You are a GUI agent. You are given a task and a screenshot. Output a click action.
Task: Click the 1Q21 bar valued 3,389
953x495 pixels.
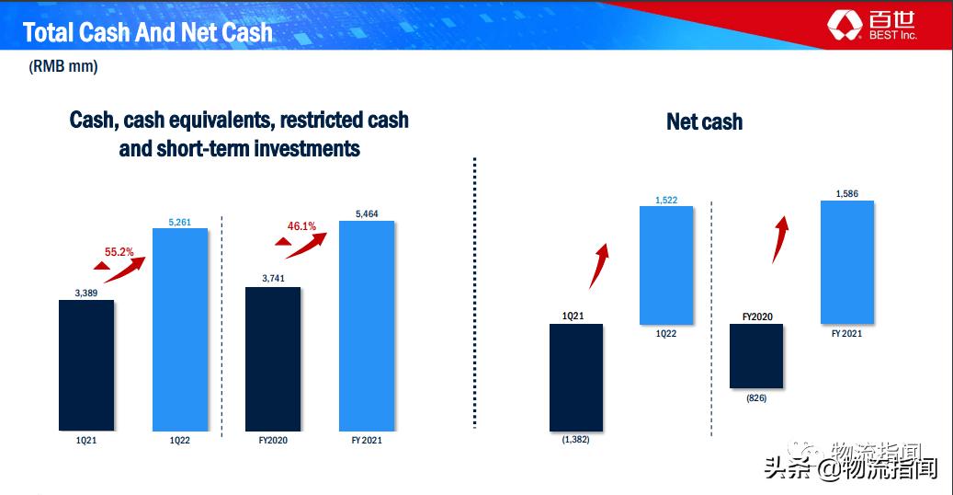(86, 365)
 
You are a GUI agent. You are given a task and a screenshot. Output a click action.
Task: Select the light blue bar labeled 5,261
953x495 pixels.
(180, 329)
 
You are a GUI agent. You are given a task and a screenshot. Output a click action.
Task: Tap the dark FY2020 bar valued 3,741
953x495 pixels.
(273, 359)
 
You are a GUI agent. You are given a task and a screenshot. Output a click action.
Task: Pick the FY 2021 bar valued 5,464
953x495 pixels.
(367, 326)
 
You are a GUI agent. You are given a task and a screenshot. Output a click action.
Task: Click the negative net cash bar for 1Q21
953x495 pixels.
(576, 377)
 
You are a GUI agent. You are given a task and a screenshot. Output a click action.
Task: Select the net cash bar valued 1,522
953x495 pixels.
(666, 265)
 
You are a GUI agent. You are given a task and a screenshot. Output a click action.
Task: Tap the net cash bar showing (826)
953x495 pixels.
(756, 355)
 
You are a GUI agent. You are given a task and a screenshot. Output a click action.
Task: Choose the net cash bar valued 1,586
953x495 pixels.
(847, 262)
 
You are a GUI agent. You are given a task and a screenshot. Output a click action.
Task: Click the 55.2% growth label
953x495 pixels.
(119, 251)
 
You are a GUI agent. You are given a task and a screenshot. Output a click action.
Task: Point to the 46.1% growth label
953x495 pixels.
(301, 226)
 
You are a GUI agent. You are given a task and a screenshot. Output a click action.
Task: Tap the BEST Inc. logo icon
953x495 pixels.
(845, 26)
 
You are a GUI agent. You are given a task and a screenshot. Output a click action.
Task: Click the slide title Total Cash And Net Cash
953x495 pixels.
(148, 32)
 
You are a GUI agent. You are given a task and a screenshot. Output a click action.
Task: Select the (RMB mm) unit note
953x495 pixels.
(63, 65)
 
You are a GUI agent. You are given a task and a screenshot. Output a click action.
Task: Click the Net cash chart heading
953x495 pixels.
(705, 121)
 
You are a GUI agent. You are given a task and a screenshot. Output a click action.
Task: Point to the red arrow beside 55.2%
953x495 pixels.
(125, 271)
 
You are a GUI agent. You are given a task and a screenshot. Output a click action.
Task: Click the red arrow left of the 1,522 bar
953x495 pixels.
(598, 267)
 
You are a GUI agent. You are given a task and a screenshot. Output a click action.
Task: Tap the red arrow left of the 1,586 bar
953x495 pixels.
(780, 239)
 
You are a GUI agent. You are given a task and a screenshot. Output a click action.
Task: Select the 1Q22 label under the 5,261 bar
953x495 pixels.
(180, 440)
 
